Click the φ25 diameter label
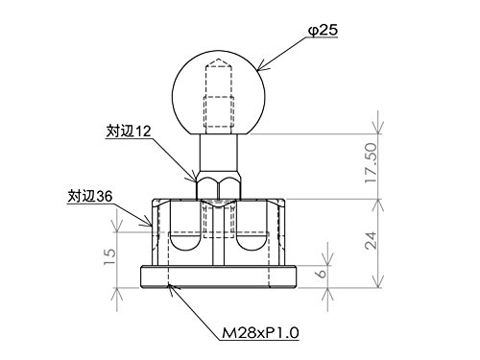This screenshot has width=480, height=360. [323, 31]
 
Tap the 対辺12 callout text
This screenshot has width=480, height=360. [129, 132]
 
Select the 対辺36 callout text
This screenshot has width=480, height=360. [90, 196]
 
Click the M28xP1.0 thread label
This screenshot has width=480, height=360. [260, 333]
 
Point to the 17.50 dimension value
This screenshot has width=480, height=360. [372, 163]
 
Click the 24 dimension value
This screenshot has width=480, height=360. [372, 241]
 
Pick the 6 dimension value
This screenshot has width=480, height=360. [322, 273]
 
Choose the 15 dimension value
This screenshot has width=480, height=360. [109, 256]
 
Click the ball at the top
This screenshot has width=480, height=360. [219, 93]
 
